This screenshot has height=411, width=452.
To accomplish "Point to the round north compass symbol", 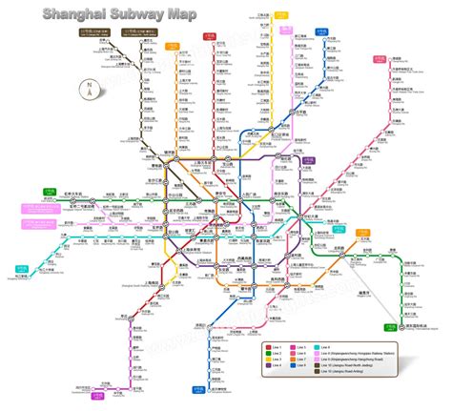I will tap(89, 92).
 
